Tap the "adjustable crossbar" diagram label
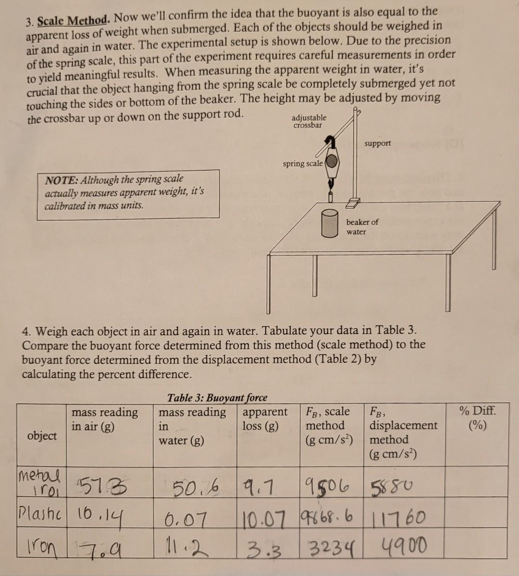(x=309, y=121)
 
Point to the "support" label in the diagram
(x=377, y=144)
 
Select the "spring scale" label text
(x=303, y=164)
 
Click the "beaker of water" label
(x=362, y=227)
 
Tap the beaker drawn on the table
(x=330, y=223)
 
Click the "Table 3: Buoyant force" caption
(x=217, y=397)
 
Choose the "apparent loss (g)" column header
(x=265, y=419)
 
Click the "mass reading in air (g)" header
(x=104, y=419)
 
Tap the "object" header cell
(x=42, y=435)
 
